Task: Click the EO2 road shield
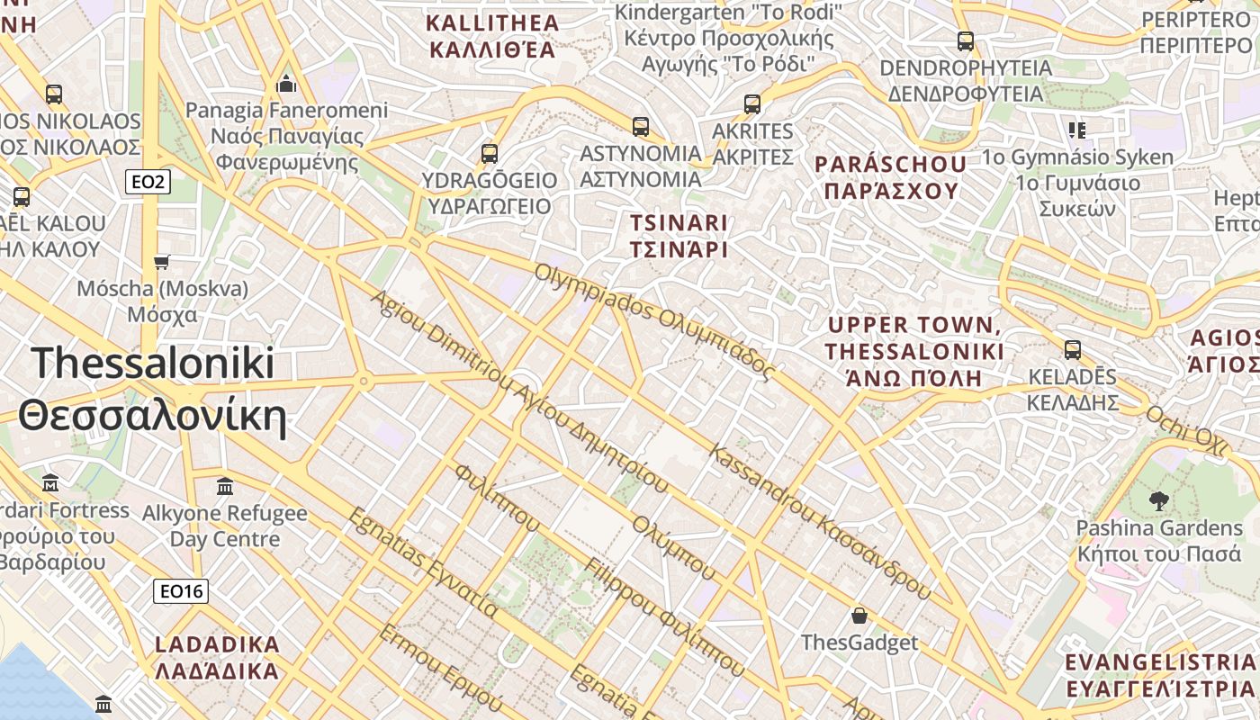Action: tap(148, 183)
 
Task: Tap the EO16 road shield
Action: tap(181, 591)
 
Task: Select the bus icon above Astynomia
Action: tap(641, 127)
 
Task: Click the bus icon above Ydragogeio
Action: tap(490, 154)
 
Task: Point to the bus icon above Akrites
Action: tap(752, 104)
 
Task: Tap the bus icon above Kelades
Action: tap(1073, 349)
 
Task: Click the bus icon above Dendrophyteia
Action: tap(966, 41)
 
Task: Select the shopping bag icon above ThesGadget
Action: tap(859, 616)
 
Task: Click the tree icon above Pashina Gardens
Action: tap(1158, 501)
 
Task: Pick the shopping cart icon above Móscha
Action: tap(162, 262)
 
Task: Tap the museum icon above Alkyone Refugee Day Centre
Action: tap(225, 487)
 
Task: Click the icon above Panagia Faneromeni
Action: tap(287, 85)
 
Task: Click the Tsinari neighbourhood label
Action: tap(679, 236)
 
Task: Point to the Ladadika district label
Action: tap(217, 658)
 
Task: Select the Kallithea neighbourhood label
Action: tap(492, 36)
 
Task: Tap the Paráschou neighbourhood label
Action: tap(890, 177)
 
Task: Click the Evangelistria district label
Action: tap(1159, 676)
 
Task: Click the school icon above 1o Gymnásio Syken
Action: tap(1076, 130)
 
